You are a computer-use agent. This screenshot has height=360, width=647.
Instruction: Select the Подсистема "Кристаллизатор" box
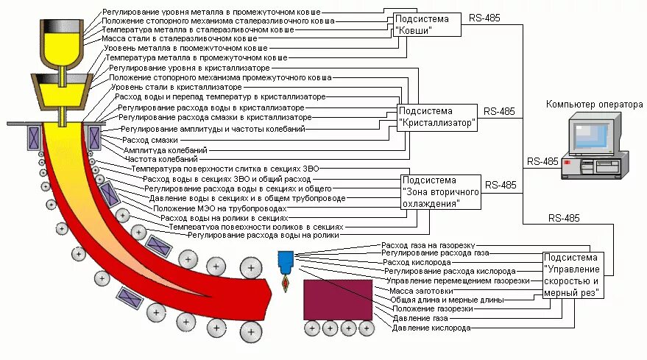pyautogui.click(x=437, y=117)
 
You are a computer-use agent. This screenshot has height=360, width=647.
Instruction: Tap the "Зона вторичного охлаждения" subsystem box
pyautogui.click(x=441, y=191)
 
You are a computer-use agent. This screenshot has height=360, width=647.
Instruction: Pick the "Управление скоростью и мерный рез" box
pyautogui.click(x=573, y=274)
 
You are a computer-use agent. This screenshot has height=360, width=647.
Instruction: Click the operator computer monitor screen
pyautogui.click(x=593, y=136)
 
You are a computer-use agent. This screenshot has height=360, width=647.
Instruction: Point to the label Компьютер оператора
pyautogui.click(x=594, y=105)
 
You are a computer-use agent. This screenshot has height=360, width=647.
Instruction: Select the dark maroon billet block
pyautogui.click(x=338, y=298)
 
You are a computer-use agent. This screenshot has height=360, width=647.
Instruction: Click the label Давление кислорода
pyautogui.click(x=431, y=328)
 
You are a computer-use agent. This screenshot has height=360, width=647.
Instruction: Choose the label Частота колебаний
pyautogui.click(x=161, y=158)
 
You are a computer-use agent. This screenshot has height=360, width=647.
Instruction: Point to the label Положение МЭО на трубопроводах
pyautogui.click(x=218, y=208)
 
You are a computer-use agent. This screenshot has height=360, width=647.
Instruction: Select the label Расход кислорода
pyautogui.click(x=417, y=262)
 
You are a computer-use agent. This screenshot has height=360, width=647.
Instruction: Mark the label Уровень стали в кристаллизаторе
pyautogui.click(x=174, y=87)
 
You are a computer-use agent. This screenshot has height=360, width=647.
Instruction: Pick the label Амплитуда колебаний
pyautogui.click(x=164, y=149)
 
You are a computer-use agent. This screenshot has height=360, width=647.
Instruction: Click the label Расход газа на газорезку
pyautogui.click(x=428, y=244)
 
